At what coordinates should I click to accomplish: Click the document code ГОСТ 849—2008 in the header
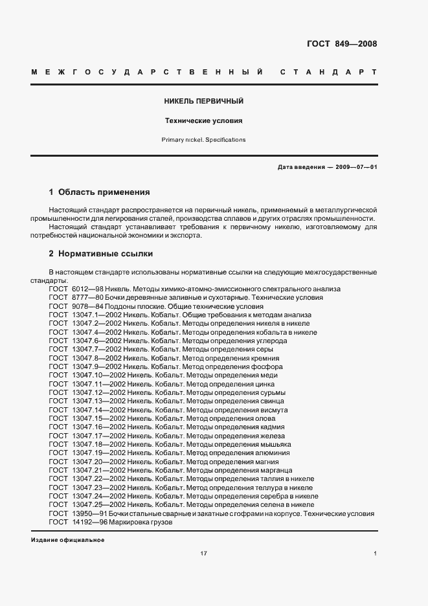tap(341, 44)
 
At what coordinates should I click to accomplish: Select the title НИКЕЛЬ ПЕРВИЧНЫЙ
tap(204, 102)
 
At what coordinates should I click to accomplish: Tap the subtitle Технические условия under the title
tap(204, 120)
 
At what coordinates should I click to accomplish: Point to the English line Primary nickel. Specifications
tap(204, 139)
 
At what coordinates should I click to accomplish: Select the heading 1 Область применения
tap(99, 192)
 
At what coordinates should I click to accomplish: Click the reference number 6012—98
tap(86, 289)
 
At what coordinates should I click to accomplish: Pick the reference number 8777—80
tap(86, 297)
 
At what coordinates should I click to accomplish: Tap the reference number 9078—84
tap(86, 306)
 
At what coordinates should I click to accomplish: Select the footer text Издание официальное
tap(67, 540)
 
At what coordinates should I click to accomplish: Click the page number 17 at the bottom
tap(203, 554)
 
